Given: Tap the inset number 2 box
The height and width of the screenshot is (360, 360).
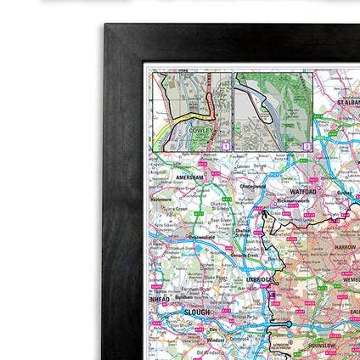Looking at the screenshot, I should coord(307,146).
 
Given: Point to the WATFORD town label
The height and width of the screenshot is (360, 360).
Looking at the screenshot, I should coord(303,193).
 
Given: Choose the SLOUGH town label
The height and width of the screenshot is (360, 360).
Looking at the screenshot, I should coord(196,312).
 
